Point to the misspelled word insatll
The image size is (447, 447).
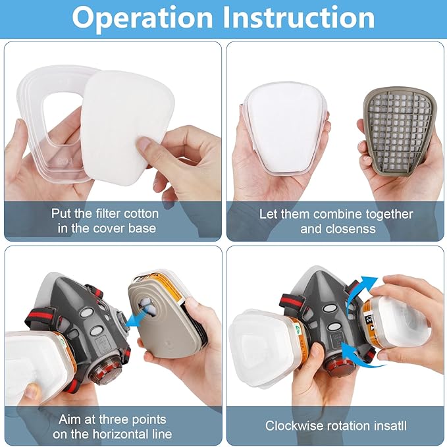[386, 426]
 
